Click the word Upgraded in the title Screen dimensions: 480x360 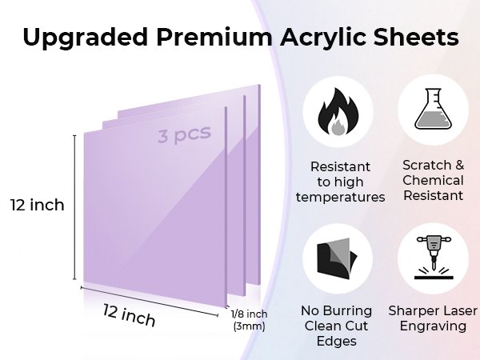[x=86, y=38]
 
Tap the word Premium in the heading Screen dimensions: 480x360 [x=214, y=37]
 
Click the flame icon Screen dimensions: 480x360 [x=338, y=112]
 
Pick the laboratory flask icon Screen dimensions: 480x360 [x=433, y=109]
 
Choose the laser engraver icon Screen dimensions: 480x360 [x=434, y=258]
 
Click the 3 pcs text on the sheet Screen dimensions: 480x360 [x=185, y=134]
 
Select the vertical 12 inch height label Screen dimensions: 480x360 [x=38, y=205]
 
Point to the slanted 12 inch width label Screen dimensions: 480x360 [x=129, y=315]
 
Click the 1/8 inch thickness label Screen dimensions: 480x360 [x=249, y=314]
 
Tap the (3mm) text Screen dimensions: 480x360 [x=249, y=326]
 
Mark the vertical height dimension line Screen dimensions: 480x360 [x=74, y=207]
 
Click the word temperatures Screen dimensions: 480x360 [x=341, y=197]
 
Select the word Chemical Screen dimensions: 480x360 [x=433, y=180]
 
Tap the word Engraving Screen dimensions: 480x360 [x=433, y=326]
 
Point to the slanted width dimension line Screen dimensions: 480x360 [x=150, y=302]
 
